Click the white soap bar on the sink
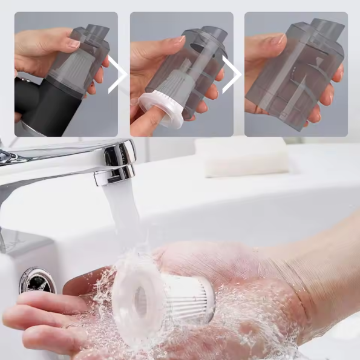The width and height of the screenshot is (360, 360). (247, 159)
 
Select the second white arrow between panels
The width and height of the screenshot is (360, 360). (232, 76)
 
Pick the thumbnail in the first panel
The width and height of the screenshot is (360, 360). (73, 43)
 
